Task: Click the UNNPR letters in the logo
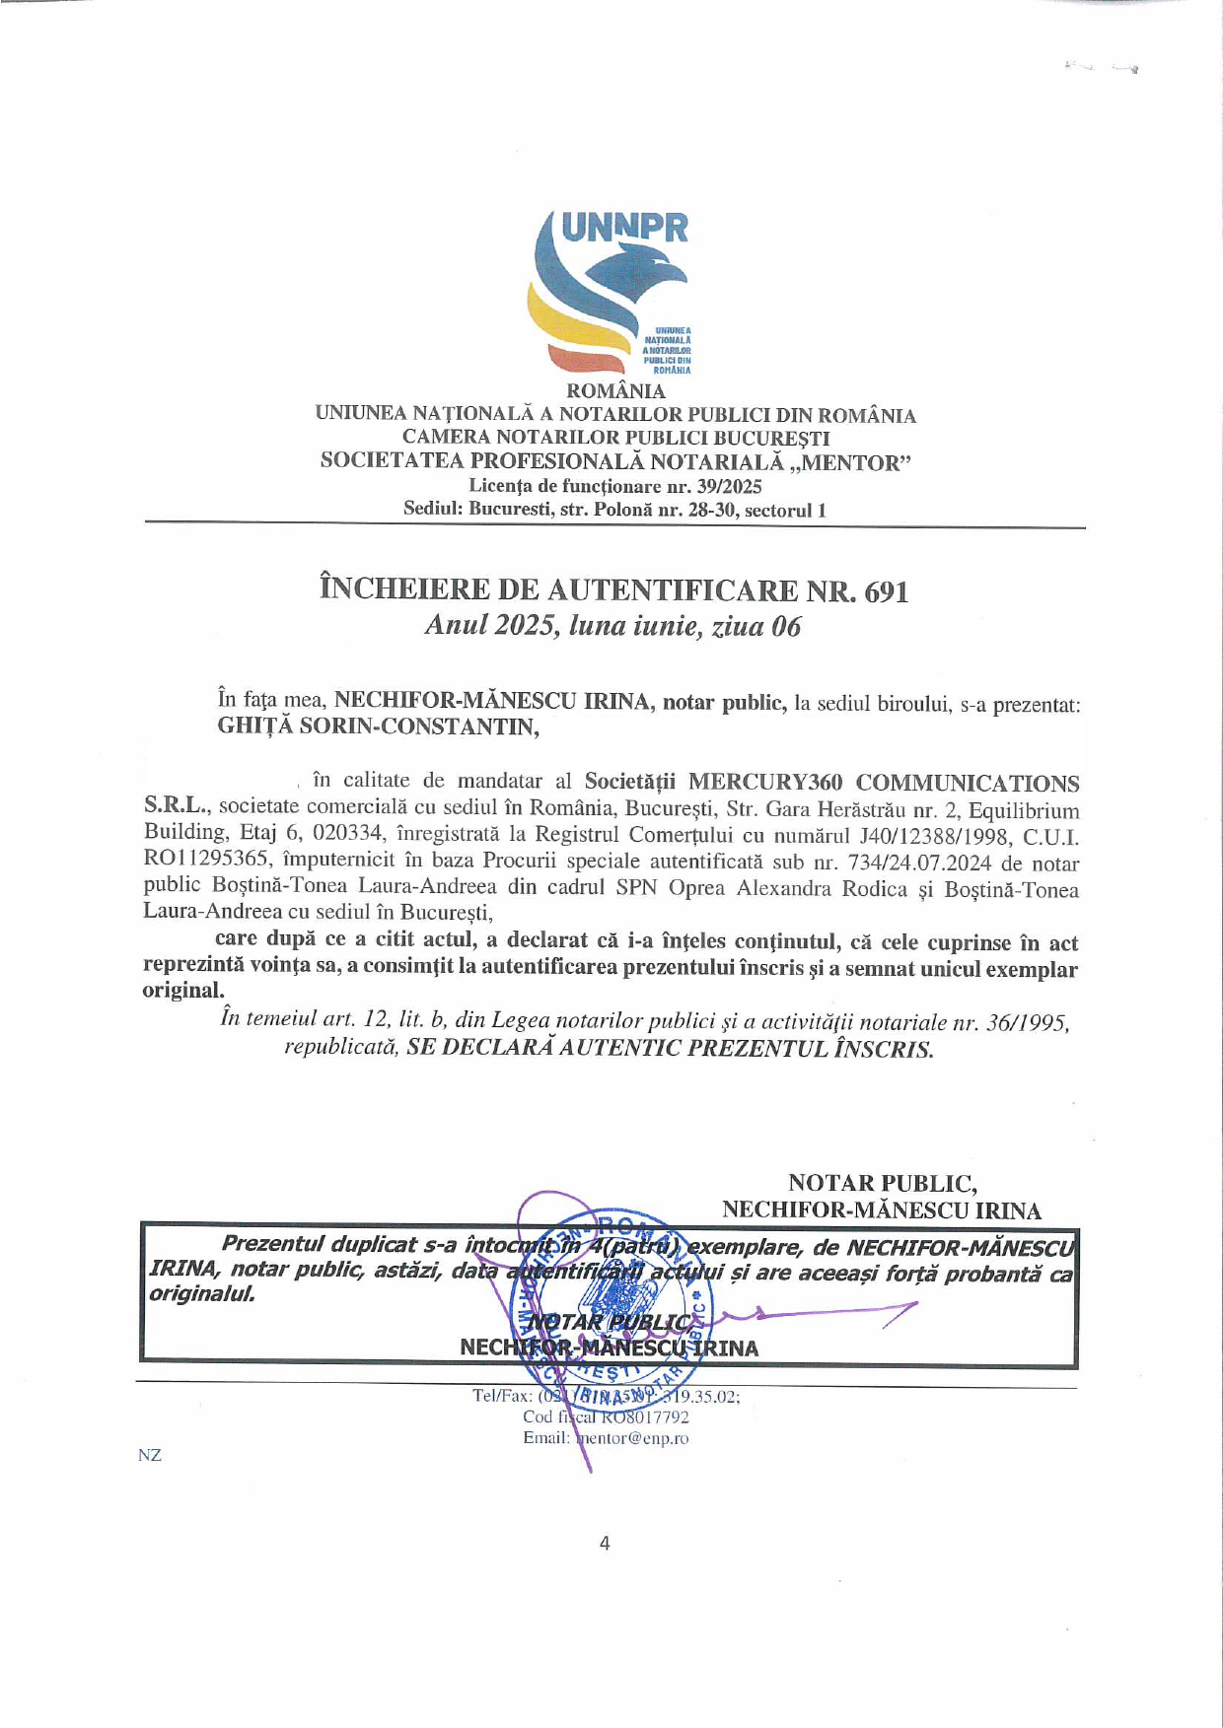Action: [623, 228]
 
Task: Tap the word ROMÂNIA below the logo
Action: [615, 391]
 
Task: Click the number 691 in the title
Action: [886, 591]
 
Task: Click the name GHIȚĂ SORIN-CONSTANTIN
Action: [378, 727]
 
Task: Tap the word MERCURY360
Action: [764, 783]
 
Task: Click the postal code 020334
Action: [348, 835]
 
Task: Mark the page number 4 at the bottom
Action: [605, 1544]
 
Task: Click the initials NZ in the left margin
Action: [150, 1455]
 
